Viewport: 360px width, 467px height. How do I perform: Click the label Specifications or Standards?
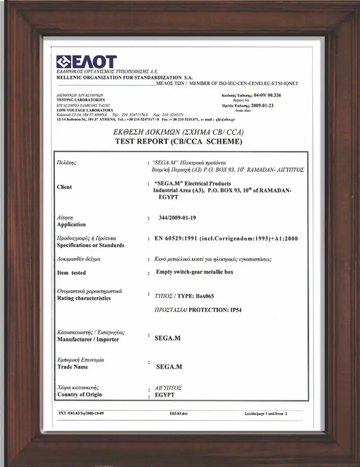[x=90, y=246]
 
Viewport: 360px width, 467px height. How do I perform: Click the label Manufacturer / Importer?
[x=88, y=340]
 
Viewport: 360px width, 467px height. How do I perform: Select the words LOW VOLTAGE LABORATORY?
[x=84, y=110]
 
